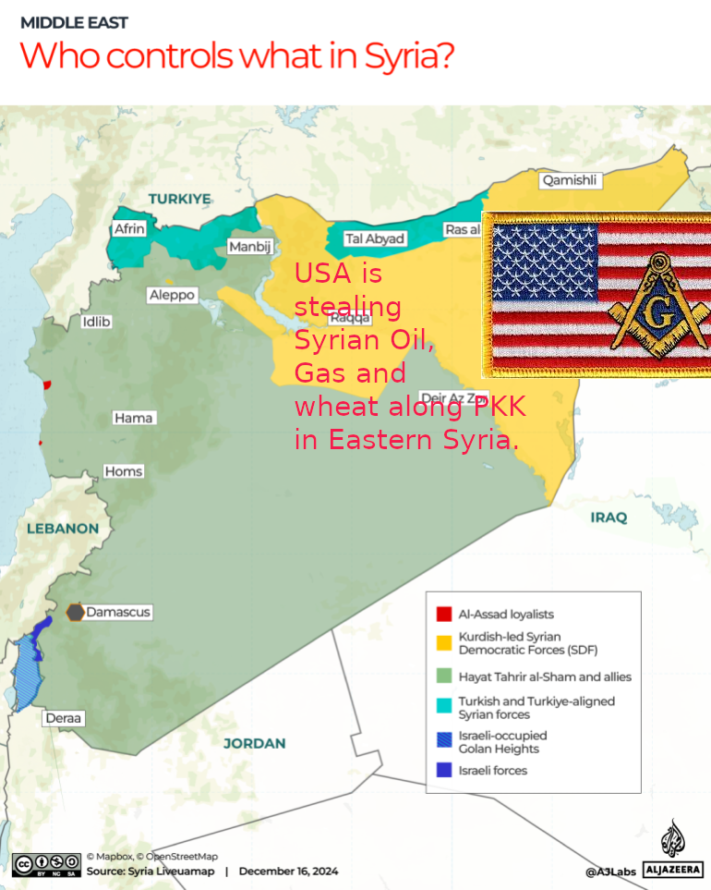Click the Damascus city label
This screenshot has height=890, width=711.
coord(117,612)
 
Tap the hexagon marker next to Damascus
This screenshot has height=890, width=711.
coord(76,612)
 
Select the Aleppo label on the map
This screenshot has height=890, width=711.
coord(172,295)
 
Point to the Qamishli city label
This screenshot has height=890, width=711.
coord(569,180)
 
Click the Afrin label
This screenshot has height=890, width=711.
coord(129,228)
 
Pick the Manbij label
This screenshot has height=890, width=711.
coord(250,247)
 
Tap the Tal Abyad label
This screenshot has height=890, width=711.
coord(374,238)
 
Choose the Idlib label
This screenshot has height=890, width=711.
coord(96,322)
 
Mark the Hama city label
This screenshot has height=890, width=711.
coord(133,418)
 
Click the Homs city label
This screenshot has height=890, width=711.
coord(123,471)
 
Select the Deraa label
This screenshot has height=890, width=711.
coord(64,718)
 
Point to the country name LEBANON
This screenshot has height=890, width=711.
coord(62,529)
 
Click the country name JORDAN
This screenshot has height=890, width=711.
coord(254,743)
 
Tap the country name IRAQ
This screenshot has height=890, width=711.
coord(609,518)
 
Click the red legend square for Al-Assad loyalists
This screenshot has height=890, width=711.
coord(443,614)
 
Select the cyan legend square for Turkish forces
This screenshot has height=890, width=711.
coord(443,707)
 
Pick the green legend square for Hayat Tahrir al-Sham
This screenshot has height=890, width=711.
coord(443,677)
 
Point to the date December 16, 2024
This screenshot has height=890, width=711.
coord(288,871)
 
